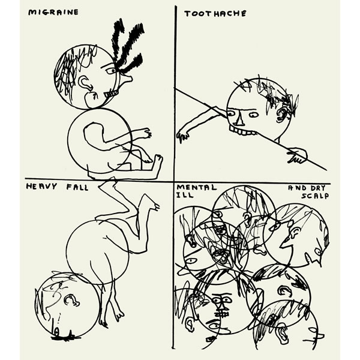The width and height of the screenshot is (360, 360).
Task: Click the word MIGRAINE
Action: click(x=53, y=12)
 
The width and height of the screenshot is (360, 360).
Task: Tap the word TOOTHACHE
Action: click(x=215, y=14)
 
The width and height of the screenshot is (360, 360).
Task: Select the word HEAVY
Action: click(x=41, y=186)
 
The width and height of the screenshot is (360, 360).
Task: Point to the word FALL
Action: click(x=77, y=188)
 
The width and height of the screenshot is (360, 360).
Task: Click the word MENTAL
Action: click(x=197, y=188)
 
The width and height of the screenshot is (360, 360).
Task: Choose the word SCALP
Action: click(x=315, y=196)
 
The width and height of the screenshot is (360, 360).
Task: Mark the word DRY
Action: click(x=318, y=188)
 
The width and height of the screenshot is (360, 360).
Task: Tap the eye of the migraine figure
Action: click(x=112, y=71)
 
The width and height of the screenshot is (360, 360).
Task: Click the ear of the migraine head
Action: click(x=86, y=83)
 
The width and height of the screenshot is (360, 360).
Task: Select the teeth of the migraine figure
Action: click(x=111, y=94)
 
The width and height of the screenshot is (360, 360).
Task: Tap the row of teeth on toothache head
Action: click(x=243, y=131)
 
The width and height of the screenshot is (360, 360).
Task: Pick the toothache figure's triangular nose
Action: click(x=240, y=120)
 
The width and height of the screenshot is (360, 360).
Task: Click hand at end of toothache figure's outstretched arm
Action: click(x=182, y=136)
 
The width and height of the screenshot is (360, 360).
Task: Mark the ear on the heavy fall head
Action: click(x=71, y=301)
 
